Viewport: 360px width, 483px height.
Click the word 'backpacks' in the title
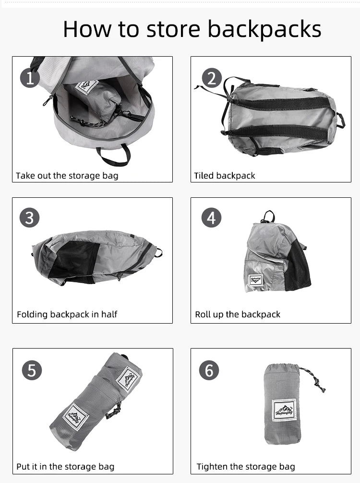[264, 29]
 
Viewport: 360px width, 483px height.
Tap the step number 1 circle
[30, 78]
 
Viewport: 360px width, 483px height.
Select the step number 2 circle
[212, 78]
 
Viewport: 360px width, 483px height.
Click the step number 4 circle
[211, 218]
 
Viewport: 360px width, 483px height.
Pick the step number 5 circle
[32, 370]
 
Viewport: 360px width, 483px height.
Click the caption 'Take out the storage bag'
[67, 175]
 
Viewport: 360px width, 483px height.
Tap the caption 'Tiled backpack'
[225, 175]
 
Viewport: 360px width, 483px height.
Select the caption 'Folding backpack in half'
[67, 314]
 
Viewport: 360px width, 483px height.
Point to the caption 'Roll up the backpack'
[238, 314]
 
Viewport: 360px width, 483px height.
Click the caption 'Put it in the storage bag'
[65, 466]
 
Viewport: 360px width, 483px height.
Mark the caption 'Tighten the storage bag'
[246, 466]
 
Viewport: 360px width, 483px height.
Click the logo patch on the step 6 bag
[284, 411]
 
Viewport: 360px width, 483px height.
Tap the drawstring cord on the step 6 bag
[313, 379]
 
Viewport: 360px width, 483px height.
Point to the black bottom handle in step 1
[113, 156]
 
